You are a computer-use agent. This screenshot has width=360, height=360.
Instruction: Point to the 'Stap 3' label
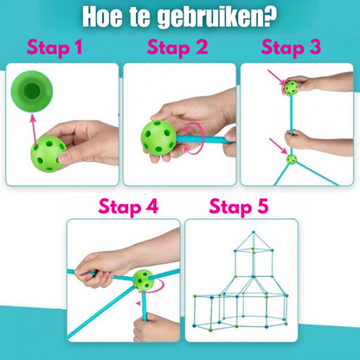296,48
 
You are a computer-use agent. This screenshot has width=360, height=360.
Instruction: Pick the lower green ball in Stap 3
292,159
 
